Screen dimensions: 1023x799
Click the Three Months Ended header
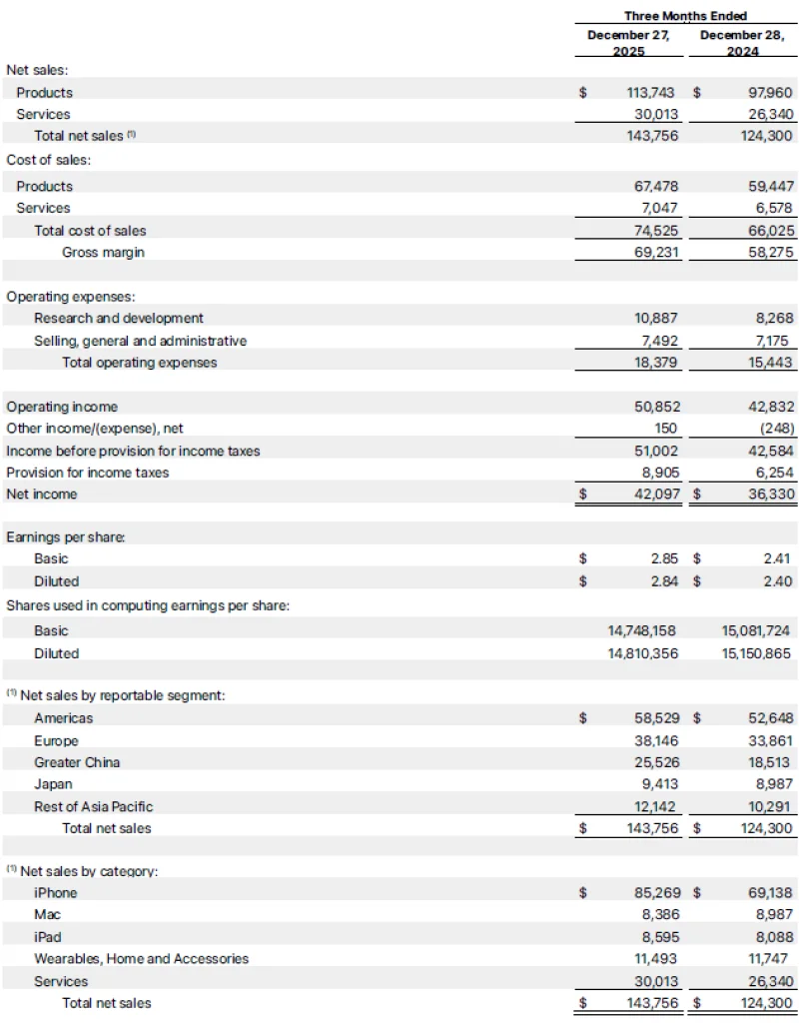click(x=685, y=16)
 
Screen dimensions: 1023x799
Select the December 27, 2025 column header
click(x=628, y=43)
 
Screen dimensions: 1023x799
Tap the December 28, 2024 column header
click(x=742, y=43)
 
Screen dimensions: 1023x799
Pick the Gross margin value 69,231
click(x=655, y=252)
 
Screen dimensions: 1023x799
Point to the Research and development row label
click(x=118, y=318)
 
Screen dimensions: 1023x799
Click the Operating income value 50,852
click(x=655, y=407)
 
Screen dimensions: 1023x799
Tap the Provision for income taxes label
click(x=88, y=473)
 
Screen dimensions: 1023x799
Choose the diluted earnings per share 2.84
click(x=664, y=581)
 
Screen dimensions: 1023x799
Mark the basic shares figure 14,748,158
click(x=642, y=631)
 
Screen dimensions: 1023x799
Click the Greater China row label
click(x=77, y=762)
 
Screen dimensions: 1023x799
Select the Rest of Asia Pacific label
click(x=94, y=806)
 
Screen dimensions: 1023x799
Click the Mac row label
click(x=47, y=915)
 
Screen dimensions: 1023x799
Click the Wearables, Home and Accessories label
click(x=141, y=959)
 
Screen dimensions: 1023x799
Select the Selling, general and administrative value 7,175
click(x=773, y=341)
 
